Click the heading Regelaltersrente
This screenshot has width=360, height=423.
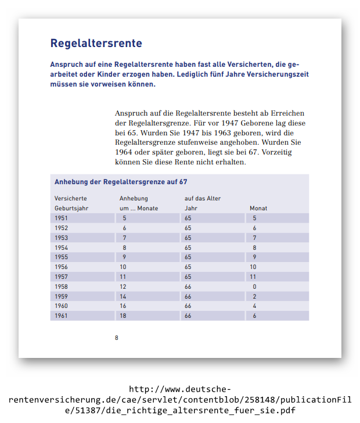[x=96, y=44]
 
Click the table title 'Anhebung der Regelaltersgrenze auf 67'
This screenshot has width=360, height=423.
[x=121, y=182]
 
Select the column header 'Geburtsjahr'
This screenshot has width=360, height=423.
[x=71, y=208]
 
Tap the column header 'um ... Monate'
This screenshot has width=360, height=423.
[x=139, y=208]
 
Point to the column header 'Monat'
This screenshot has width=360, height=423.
[x=258, y=208]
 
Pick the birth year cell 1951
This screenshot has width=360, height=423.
[x=62, y=218]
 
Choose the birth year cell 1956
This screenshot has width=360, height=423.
[x=62, y=267]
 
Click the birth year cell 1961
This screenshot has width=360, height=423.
[x=62, y=316]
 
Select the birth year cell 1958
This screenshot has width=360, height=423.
[x=62, y=286]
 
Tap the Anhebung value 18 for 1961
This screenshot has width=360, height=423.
[x=123, y=316]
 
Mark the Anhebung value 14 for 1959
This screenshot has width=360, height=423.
[x=123, y=296]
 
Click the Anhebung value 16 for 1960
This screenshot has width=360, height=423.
[x=123, y=306]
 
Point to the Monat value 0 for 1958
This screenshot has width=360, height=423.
[x=254, y=286]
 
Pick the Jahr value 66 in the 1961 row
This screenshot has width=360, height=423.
[x=188, y=316]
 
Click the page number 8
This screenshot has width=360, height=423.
[x=117, y=338]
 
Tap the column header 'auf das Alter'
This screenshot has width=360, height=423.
[x=203, y=198]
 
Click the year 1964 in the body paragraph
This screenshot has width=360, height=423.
[x=124, y=152]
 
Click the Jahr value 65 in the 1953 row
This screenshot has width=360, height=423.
[x=188, y=238]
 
